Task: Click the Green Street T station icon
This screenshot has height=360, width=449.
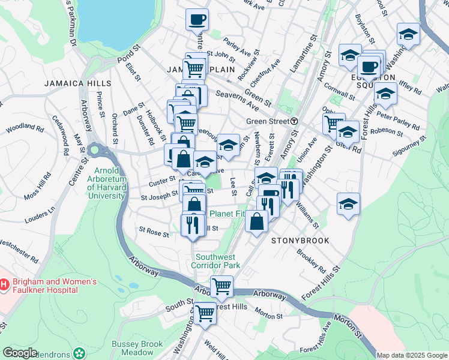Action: tap(294, 121)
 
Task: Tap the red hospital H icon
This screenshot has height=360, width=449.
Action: tap(4, 283)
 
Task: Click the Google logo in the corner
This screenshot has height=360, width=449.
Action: tap(19, 353)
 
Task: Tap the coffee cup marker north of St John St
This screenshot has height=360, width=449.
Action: tap(197, 19)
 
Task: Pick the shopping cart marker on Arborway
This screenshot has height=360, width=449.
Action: tap(222, 286)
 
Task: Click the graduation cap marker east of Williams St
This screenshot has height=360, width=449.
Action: tap(348, 203)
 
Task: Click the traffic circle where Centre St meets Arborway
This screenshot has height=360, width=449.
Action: tap(94, 149)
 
